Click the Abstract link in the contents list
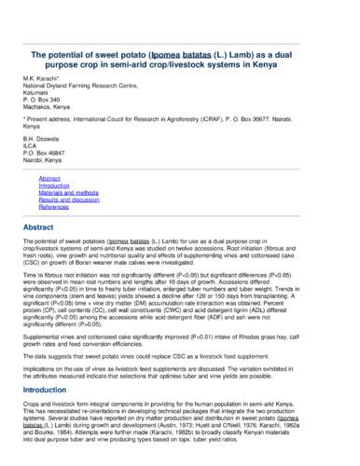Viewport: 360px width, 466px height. point(49,177)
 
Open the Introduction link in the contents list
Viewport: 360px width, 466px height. point(54,185)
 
